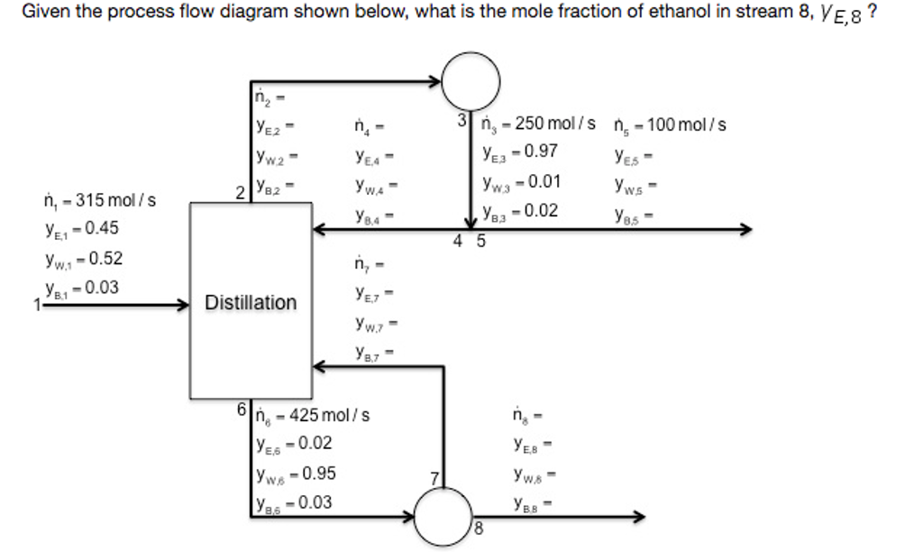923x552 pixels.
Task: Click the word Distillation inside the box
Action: [251, 303]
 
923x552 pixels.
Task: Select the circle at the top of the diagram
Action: [471, 80]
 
